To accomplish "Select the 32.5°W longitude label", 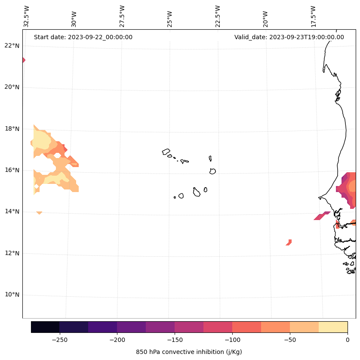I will pyautogui.click(x=27, y=16).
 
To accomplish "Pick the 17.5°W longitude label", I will pyautogui.click(x=313, y=16).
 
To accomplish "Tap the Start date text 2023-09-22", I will pyautogui.click(x=83, y=37).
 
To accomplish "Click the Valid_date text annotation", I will pyautogui.click(x=289, y=37).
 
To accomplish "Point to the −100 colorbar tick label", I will pyautogui.click(x=232, y=340).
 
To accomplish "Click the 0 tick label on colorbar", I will pyautogui.click(x=348, y=340).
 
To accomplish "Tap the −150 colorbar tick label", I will pyautogui.click(x=175, y=340).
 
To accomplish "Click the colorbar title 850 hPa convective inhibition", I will pyautogui.click(x=189, y=352).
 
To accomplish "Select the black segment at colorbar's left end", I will pyautogui.click(x=45, y=327).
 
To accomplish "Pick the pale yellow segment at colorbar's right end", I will pyautogui.click(x=333, y=327).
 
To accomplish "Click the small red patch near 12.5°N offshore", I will pyautogui.click(x=289, y=242).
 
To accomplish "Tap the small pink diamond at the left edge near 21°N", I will pyautogui.click(x=23, y=60).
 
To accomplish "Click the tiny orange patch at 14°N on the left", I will pyautogui.click(x=39, y=212).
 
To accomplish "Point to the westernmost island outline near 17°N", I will pyautogui.click(x=166, y=152).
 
